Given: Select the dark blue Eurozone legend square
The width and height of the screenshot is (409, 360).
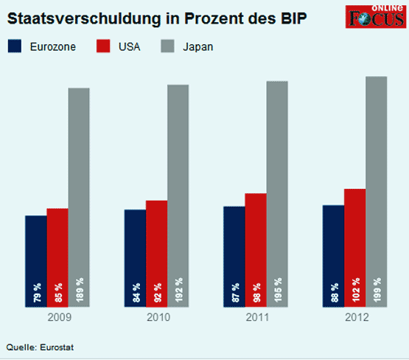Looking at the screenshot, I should click(15, 46).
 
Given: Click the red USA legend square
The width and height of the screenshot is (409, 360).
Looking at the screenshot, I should click(105, 46).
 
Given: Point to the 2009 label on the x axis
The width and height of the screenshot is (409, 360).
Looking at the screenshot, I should click(58, 317).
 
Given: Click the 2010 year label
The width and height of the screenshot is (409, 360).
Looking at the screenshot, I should click(157, 317).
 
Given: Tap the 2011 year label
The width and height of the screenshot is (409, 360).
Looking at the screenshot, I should click(256, 317).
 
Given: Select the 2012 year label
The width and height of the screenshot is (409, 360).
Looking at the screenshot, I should click(355, 317).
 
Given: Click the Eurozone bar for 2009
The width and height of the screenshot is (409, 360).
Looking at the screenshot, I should click(36, 251).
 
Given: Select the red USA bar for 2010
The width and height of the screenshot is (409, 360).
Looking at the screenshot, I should click(156, 243).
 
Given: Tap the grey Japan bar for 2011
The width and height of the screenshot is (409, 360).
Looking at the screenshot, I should click(277, 184).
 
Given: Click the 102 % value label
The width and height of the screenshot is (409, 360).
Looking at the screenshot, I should click(356, 291).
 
